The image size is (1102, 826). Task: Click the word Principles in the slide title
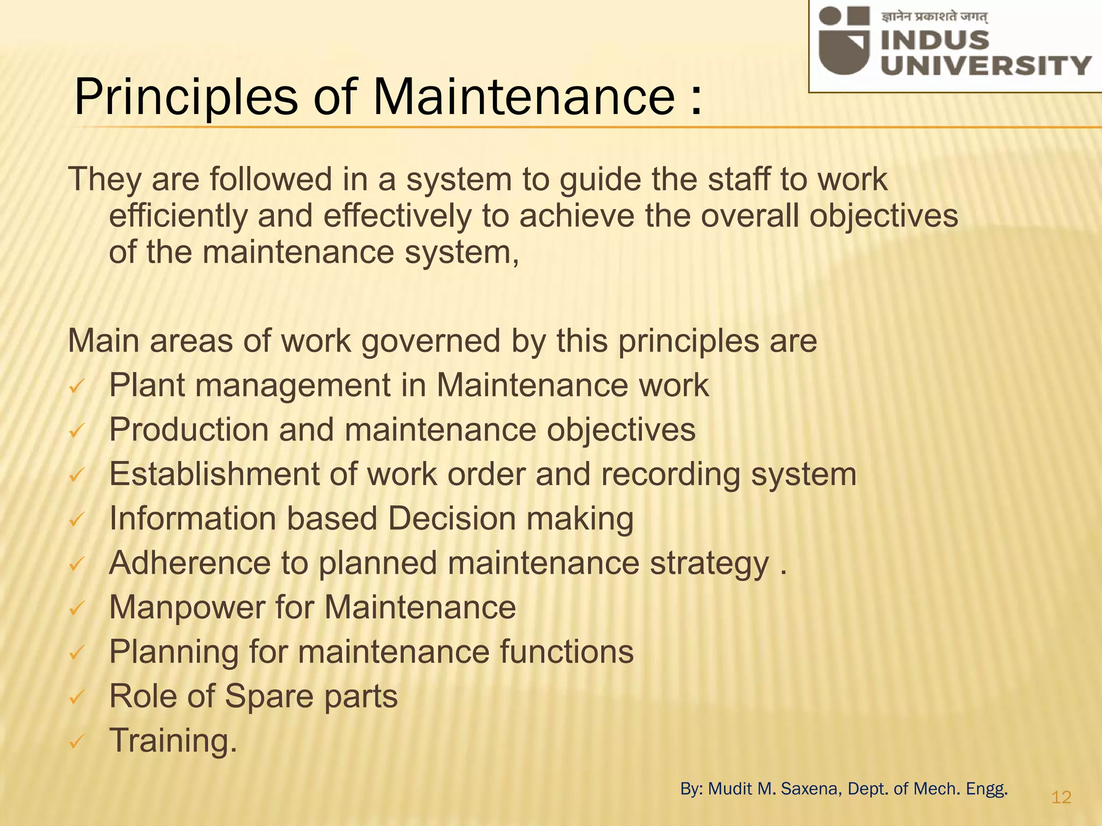click(x=186, y=98)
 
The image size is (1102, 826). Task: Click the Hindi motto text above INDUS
click(x=934, y=17)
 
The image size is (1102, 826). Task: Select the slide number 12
click(x=1061, y=797)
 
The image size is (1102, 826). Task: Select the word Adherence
click(x=190, y=563)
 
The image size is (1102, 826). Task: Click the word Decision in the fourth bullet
click(x=451, y=519)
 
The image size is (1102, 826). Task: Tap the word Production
click(x=189, y=430)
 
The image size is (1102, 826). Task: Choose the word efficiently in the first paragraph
click(x=178, y=216)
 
